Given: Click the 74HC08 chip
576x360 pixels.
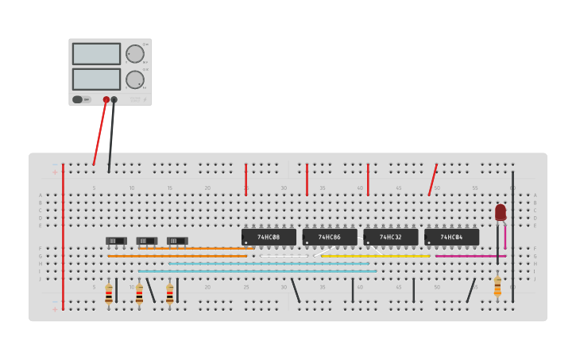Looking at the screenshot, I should tap(269, 237).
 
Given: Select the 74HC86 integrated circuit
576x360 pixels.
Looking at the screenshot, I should tap(329, 237).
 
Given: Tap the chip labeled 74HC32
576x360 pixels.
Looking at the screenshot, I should tap(390, 237).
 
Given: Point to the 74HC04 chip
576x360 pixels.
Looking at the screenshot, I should tap(451, 237).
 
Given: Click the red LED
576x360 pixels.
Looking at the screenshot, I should tap(500, 212).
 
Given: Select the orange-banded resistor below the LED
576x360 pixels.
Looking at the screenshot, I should tap(497, 286).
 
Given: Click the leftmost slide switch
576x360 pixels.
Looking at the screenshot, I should tap(117, 241).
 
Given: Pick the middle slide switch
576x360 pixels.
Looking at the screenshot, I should tap(147, 241).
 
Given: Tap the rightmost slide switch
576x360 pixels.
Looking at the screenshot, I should tap(177, 241).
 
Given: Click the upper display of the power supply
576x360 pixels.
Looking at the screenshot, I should tap(96, 54).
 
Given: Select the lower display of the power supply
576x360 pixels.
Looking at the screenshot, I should tap(96, 79).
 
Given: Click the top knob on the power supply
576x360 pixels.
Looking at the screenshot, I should tap(135, 54).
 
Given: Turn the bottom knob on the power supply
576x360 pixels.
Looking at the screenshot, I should tap(135, 79).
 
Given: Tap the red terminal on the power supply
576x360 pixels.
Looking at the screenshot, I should tap(106, 100).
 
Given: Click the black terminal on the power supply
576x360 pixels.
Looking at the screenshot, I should tap(114, 100).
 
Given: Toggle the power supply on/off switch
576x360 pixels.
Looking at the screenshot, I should tap(78, 100).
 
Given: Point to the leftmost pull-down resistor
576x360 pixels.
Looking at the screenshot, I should tap(109, 293).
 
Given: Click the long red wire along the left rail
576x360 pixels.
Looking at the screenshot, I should tap(63, 238).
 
